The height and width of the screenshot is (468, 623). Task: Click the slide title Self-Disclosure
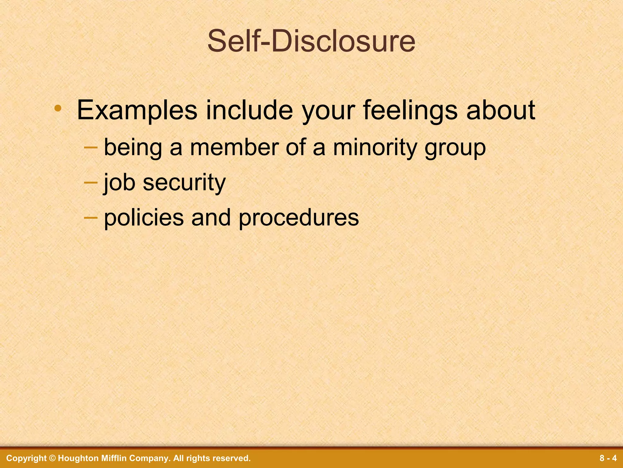311,42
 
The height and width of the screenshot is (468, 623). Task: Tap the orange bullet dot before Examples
58,108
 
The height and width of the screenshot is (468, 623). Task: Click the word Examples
137,110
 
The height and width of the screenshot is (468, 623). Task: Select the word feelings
410,110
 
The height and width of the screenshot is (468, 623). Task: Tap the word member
234,148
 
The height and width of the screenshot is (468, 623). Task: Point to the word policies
144,218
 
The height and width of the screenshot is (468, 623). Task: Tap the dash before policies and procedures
91,217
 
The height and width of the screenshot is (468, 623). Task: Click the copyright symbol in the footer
52,458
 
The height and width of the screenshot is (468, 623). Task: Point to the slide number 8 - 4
608,458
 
